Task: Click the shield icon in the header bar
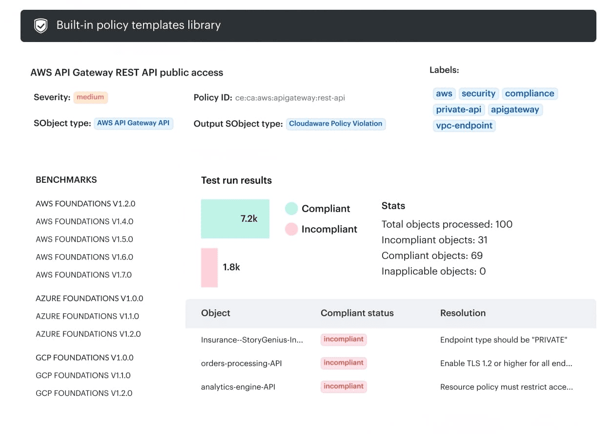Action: click(x=41, y=25)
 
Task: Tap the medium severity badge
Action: click(x=90, y=97)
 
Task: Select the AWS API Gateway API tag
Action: click(x=133, y=123)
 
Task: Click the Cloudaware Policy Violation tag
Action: click(x=335, y=124)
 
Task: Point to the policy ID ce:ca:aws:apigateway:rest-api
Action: click(x=290, y=98)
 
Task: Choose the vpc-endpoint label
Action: click(x=464, y=126)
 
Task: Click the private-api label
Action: click(x=458, y=109)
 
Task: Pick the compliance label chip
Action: click(x=530, y=93)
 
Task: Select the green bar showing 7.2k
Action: click(x=235, y=218)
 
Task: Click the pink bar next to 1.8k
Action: click(x=209, y=267)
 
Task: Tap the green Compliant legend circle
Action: click(x=291, y=209)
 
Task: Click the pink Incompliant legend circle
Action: click(x=291, y=229)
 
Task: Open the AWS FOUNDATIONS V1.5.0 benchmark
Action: click(x=84, y=239)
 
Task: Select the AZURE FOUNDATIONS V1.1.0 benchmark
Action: click(x=87, y=316)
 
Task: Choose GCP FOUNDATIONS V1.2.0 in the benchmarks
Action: click(x=84, y=393)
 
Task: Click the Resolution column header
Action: click(x=463, y=313)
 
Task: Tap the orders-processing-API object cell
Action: click(x=241, y=363)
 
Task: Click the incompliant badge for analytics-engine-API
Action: click(x=344, y=387)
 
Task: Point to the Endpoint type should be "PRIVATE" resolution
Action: click(x=504, y=340)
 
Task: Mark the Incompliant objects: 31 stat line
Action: click(x=434, y=240)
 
